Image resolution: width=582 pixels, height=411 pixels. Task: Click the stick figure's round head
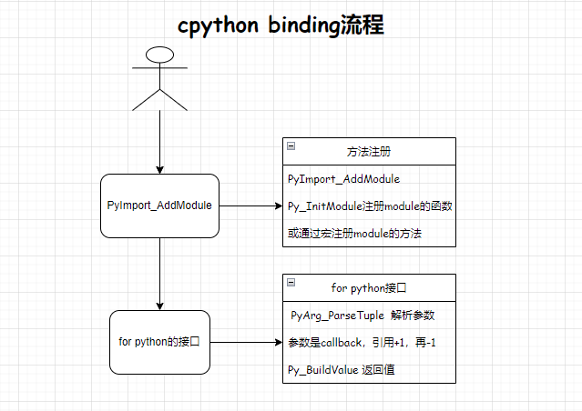tap(160, 54)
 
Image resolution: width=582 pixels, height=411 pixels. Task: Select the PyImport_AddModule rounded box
tap(159, 205)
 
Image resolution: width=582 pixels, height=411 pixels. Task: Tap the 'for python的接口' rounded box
tap(159, 342)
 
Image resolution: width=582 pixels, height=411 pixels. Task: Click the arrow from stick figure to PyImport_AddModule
tap(159, 141)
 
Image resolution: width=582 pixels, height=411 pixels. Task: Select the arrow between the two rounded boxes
tap(159, 274)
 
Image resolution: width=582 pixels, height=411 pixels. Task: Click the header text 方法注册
tap(370, 151)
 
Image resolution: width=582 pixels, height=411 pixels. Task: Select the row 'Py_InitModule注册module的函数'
tap(369, 206)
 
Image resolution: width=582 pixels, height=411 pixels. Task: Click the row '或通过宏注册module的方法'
tap(359, 234)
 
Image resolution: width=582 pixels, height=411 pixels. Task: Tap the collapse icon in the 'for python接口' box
tap(291, 283)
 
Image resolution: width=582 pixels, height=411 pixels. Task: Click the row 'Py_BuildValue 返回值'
tap(341, 370)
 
